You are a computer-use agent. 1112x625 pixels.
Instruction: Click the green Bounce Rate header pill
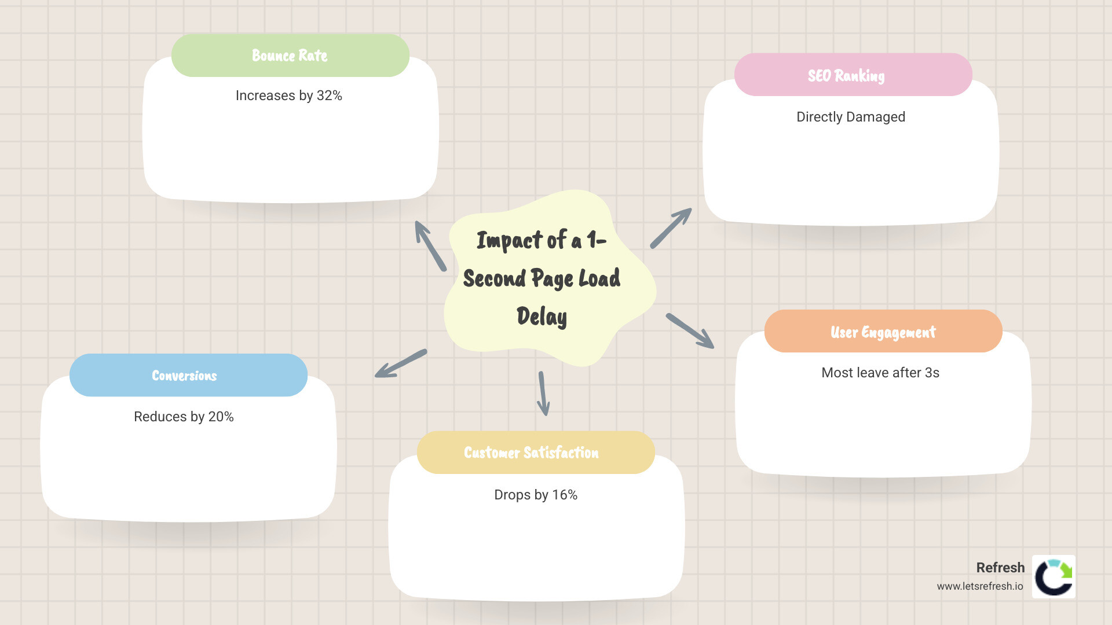click(290, 56)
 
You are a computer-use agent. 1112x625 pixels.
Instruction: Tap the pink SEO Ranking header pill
click(853, 75)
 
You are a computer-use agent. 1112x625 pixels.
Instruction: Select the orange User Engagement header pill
click(883, 332)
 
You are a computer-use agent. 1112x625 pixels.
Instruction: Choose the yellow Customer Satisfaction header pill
click(535, 453)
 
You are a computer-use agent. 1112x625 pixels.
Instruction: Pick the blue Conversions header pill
click(188, 376)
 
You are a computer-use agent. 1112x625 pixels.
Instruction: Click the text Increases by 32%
click(288, 95)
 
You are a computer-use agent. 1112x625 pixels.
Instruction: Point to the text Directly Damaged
click(850, 117)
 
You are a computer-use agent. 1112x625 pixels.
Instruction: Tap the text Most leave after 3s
click(880, 373)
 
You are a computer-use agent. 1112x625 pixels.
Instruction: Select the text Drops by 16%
click(535, 495)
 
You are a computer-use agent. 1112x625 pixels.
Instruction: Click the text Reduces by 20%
click(184, 417)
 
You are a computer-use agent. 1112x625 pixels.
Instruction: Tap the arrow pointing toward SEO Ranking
click(671, 228)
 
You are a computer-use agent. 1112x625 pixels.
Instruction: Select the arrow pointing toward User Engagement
click(690, 331)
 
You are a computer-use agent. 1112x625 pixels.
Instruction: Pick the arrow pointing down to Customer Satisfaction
click(543, 394)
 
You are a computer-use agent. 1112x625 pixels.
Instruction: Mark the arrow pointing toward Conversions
click(401, 363)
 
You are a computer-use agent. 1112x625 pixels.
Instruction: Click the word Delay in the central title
click(542, 317)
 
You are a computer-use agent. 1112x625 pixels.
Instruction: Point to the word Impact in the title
click(509, 240)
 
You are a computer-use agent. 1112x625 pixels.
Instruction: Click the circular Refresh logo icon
click(1054, 577)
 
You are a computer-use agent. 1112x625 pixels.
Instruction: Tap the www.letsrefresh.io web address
click(980, 586)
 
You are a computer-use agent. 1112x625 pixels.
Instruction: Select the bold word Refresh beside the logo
click(1000, 568)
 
